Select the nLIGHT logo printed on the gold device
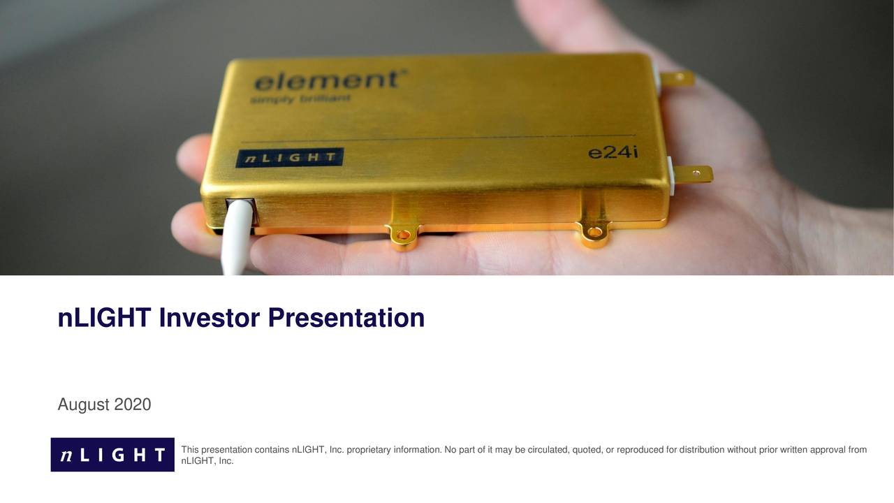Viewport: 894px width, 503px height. pyautogui.click(x=289, y=158)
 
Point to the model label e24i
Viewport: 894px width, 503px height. pyautogui.click(x=613, y=152)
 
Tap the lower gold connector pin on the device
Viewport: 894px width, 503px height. pyautogui.click(x=692, y=174)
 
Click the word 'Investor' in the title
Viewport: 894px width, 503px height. pyautogui.click(x=209, y=318)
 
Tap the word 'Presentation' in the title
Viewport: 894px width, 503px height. pyautogui.click(x=346, y=318)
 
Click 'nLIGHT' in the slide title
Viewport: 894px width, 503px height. pyautogui.click(x=104, y=318)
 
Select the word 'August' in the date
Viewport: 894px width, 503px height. pyautogui.click(x=83, y=404)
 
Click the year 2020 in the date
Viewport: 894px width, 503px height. pyautogui.click(x=133, y=404)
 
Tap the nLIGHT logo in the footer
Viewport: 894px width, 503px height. pyautogui.click(x=112, y=455)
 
